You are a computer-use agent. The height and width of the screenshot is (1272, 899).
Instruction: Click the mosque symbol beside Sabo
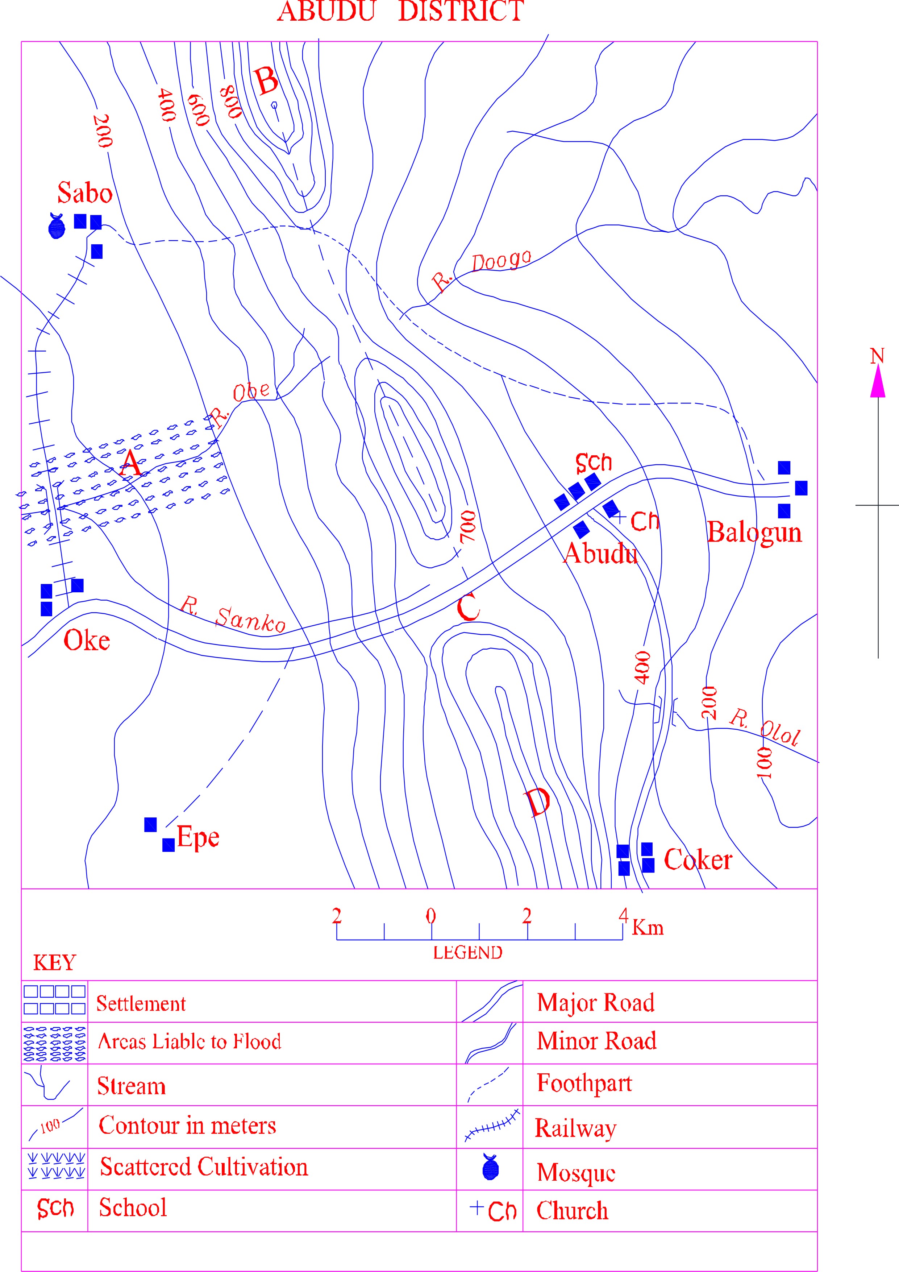click(57, 226)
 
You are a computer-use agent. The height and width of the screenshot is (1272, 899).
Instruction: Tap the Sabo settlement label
click(85, 193)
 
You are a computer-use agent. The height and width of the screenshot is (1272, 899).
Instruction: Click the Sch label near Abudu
click(593, 462)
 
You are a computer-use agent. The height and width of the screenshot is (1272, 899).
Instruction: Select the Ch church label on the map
click(644, 521)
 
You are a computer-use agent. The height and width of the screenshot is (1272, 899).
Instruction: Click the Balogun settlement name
click(754, 533)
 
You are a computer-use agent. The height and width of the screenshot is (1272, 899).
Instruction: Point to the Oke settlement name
click(86, 641)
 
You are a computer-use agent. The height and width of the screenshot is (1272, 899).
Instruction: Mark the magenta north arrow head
click(877, 382)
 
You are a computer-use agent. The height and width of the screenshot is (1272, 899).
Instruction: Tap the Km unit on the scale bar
click(648, 927)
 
